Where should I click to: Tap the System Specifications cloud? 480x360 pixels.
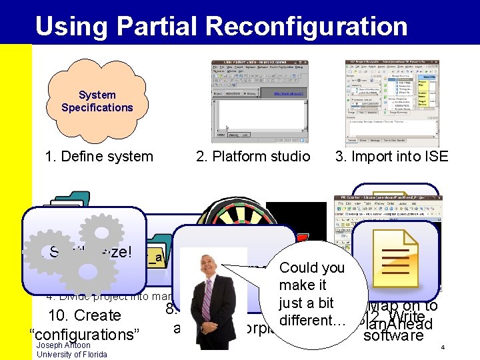(97, 101)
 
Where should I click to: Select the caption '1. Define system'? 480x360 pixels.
(99, 157)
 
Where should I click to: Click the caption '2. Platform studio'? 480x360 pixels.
(253, 157)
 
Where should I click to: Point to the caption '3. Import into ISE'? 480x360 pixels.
(392, 157)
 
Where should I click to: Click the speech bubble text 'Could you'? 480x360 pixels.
(312, 268)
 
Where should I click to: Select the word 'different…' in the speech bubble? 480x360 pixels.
(313, 320)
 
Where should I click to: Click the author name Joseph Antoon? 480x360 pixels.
(63, 345)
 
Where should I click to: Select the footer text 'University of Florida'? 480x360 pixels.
(71, 354)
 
